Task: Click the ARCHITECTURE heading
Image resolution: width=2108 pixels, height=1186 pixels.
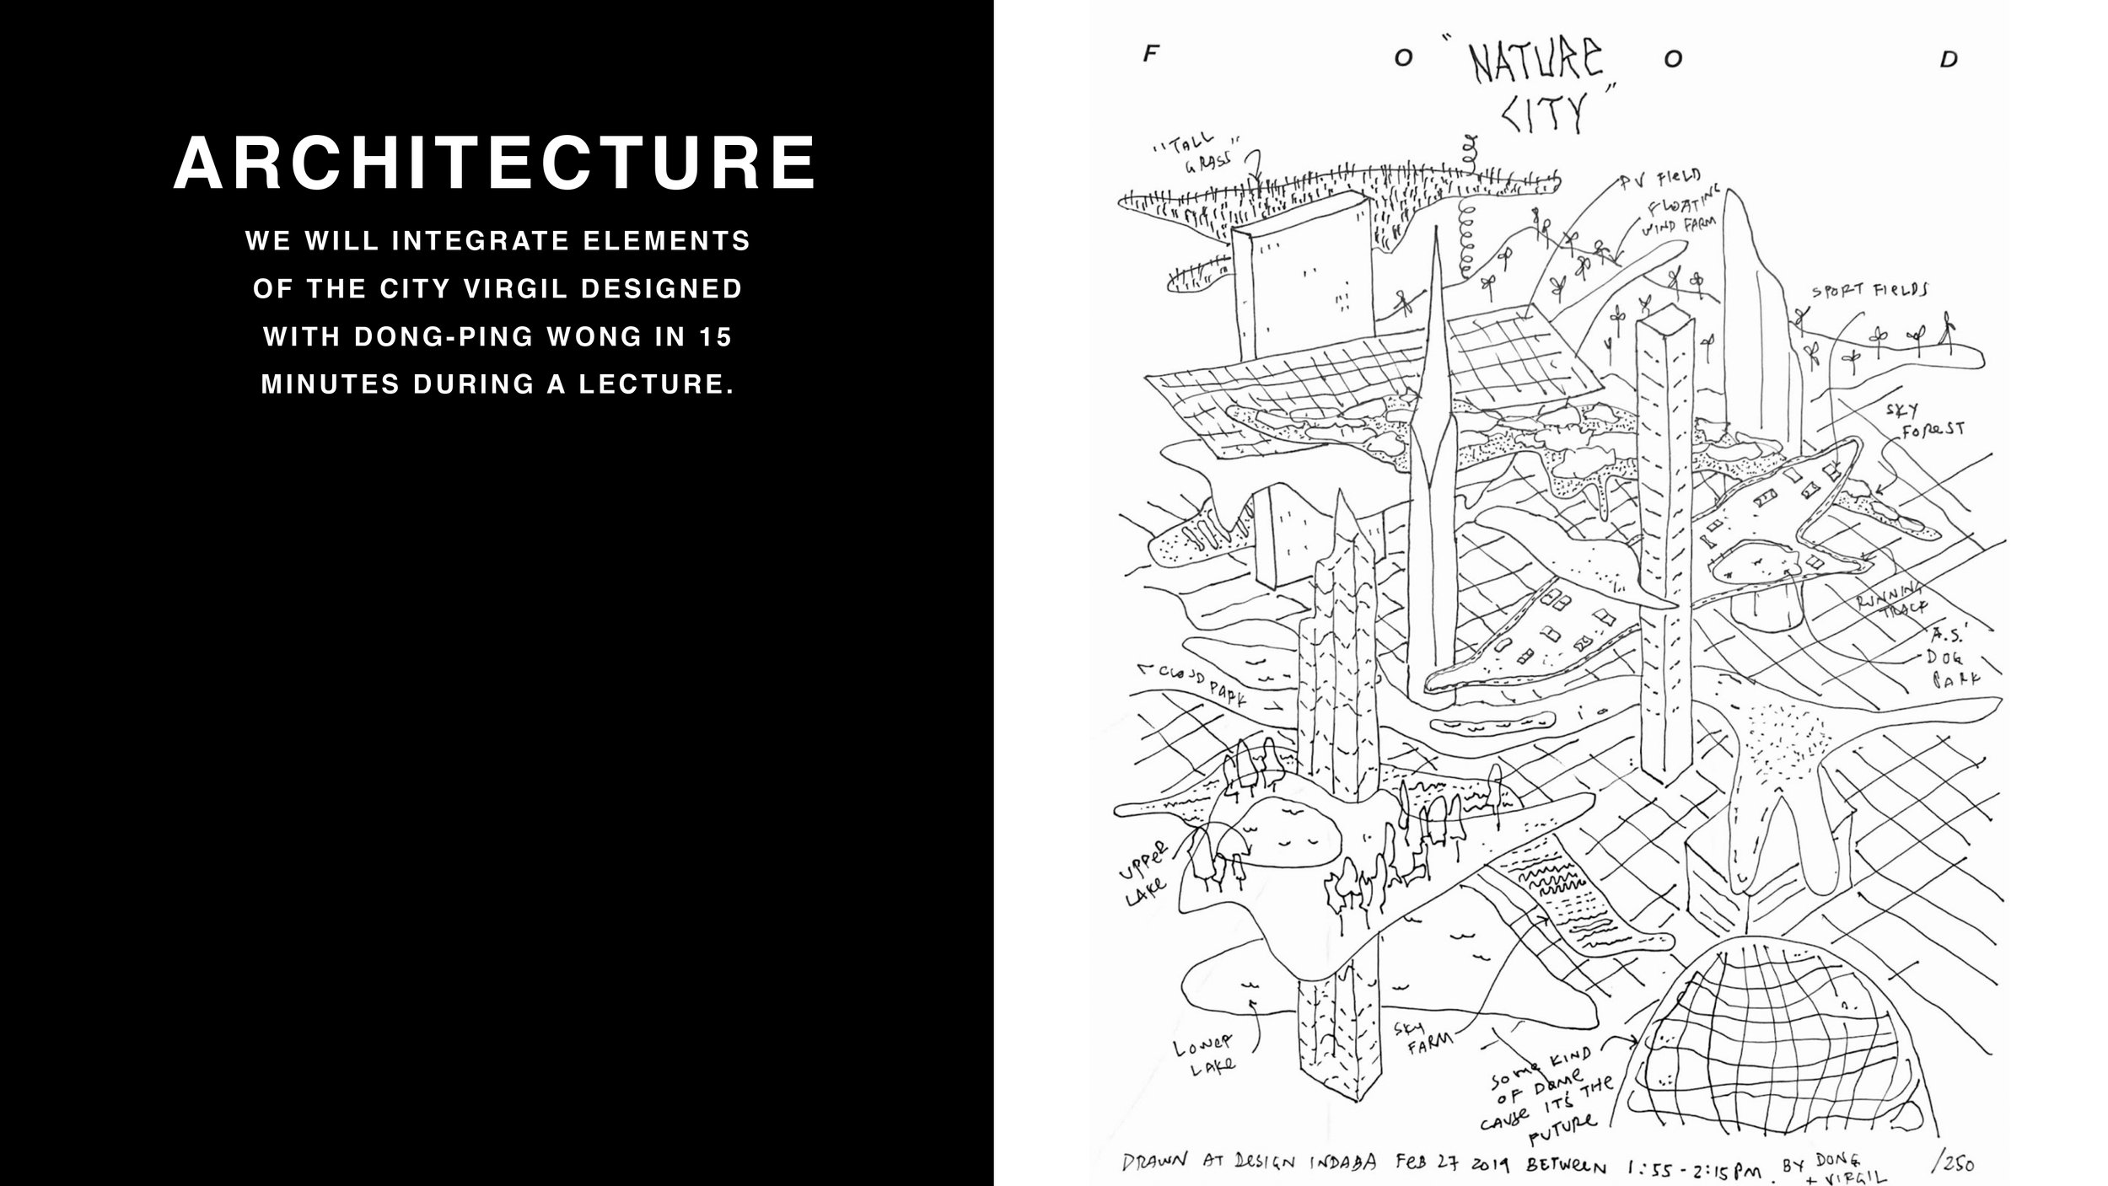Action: point(495,163)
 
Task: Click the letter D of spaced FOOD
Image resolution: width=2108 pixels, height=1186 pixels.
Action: point(1949,60)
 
